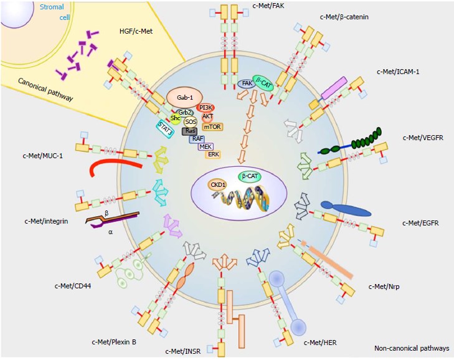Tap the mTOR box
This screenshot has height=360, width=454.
pyautogui.click(x=212, y=126)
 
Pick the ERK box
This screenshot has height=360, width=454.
pyautogui.click(x=213, y=154)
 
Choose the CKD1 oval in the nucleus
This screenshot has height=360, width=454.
pyautogui.click(x=218, y=185)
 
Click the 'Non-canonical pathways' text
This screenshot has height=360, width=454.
pyautogui.click(x=411, y=348)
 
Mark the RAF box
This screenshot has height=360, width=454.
pyautogui.click(x=197, y=139)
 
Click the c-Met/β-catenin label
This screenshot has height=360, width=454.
pyautogui.click(x=343, y=17)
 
